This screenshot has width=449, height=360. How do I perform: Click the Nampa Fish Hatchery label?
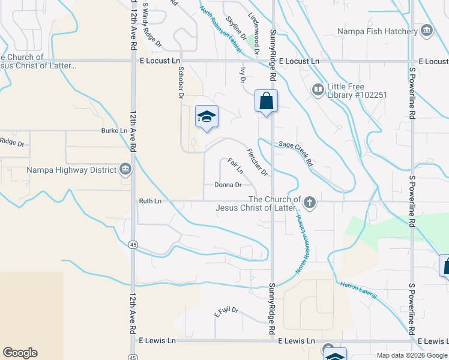(377, 31)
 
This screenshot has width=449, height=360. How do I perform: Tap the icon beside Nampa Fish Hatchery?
(427, 31)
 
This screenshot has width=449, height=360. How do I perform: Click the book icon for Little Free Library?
(318, 90)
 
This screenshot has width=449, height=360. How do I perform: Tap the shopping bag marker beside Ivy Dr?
(266, 101)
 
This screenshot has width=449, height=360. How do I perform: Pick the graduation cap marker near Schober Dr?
(206, 116)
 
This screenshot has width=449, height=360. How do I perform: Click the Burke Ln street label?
(114, 130)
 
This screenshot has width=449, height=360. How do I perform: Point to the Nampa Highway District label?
(71, 170)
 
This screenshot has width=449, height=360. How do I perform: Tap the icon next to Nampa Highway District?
(125, 170)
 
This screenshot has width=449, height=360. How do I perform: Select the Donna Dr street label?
(228, 185)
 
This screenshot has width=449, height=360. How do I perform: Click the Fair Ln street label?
(235, 166)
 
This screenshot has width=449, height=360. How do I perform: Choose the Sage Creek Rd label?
(296, 154)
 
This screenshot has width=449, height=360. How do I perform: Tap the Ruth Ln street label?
(151, 201)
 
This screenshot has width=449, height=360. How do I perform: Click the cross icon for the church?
(310, 202)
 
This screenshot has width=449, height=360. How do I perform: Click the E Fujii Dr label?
(226, 313)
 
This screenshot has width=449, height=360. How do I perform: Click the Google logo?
(20, 353)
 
